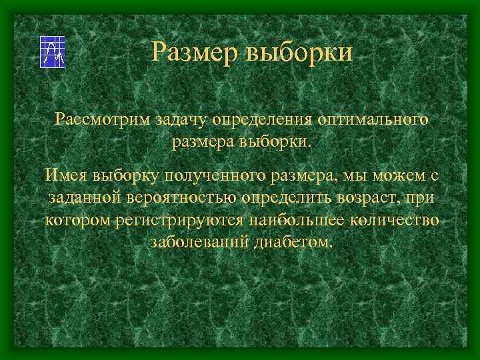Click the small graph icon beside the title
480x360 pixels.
click(52, 51)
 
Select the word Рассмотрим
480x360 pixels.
click(97, 120)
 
